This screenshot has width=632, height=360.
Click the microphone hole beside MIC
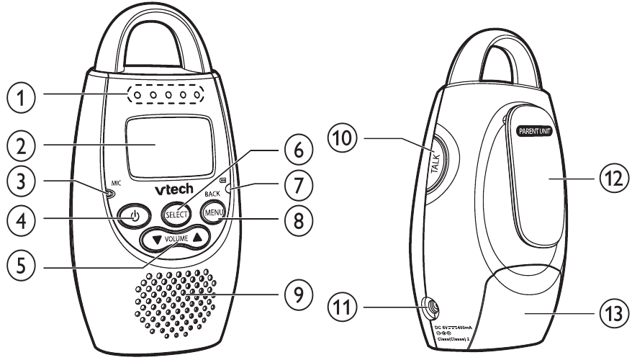click(109, 193)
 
